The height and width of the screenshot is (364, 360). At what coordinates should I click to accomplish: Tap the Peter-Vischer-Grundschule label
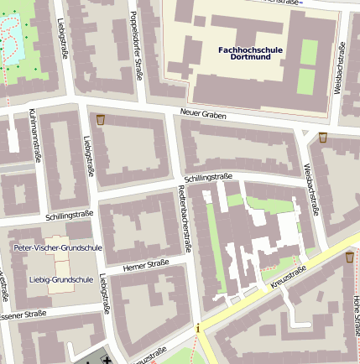pos(58,248)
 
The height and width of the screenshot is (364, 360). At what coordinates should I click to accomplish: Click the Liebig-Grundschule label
pos(60,279)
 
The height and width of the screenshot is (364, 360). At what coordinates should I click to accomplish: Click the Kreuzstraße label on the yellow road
pos(288,279)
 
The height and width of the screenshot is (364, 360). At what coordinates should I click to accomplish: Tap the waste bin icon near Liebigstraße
pos(102,121)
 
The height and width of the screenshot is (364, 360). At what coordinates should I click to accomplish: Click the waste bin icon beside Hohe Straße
pos(349,257)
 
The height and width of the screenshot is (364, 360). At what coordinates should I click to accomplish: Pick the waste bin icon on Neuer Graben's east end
pos(323,136)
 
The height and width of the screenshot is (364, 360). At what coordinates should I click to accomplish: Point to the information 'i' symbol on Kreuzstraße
pos(198,329)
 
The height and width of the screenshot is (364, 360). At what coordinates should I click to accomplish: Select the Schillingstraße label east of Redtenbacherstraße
pos(207,177)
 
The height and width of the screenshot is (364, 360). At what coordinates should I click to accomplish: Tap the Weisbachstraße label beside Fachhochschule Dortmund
pos(339,68)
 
